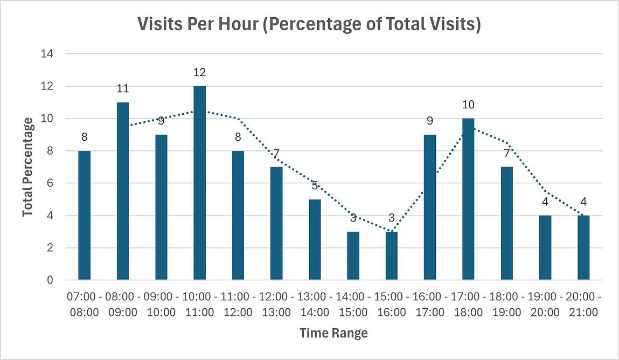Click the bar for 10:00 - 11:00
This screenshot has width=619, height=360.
[x=199, y=183]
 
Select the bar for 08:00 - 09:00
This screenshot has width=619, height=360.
[x=123, y=191]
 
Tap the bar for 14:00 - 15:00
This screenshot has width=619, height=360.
[x=353, y=256]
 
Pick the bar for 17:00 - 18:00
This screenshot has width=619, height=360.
[x=468, y=199]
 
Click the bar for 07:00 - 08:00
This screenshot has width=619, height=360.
[x=85, y=216]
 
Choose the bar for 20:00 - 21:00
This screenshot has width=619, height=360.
[x=583, y=248]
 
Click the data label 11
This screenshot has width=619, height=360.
[x=123, y=88]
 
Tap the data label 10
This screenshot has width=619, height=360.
[x=468, y=105]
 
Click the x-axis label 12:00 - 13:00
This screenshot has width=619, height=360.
[x=276, y=304]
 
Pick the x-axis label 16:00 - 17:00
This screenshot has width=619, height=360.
[x=430, y=304]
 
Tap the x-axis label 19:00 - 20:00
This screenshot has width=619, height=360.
[x=545, y=304]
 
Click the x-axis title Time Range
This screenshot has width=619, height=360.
[x=333, y=333]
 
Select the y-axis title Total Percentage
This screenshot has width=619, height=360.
[x=27, y=167]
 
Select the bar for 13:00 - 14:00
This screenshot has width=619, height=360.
[x=315, y=240]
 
